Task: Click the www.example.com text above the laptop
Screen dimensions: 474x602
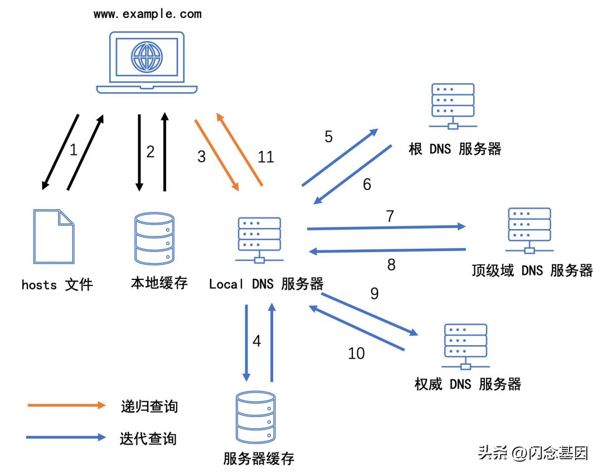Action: [x=148, y=14]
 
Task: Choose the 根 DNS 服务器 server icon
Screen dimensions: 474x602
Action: [x=453, y=106]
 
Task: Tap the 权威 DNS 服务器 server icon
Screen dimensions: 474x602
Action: [x=466, y=345]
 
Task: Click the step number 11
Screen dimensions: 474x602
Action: [x=266, y=157]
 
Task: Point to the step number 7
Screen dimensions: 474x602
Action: [x=390, y=216]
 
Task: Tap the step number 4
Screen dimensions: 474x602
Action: [x=256, y=341]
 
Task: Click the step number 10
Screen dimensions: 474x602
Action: [x=356, y=353]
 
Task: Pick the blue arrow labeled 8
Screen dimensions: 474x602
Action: [x=387, y=250]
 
